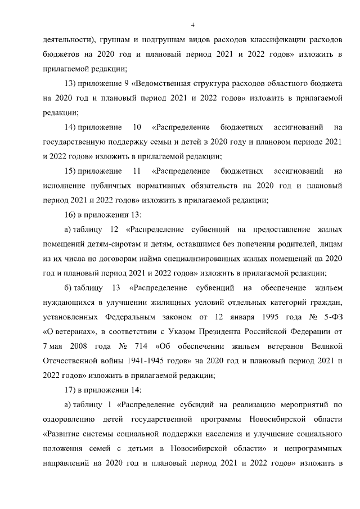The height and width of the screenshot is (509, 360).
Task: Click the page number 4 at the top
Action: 192,25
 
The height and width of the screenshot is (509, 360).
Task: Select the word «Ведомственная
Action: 166,83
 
